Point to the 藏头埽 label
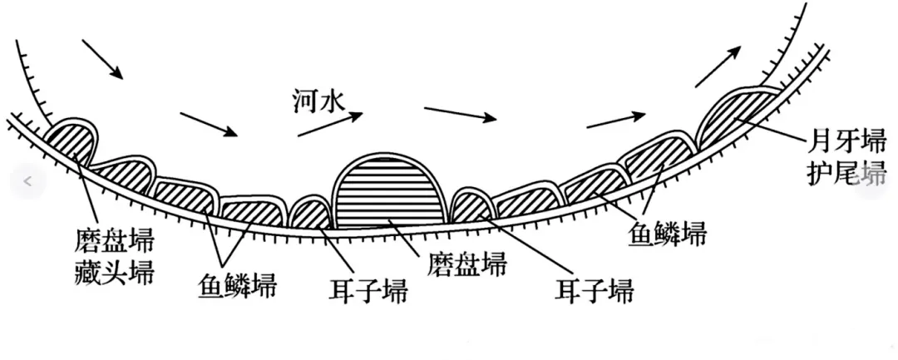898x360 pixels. pyautogui.click(x=114, y=273)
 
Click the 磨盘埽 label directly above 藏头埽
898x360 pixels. pyautogui.click(x=114, y=244)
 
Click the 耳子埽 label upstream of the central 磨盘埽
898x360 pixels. pyautogui.click(x=367, y=292)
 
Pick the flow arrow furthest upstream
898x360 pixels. pyautogui.click(x=102, y=59)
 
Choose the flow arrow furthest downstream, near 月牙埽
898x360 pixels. pyautogui.click(x=716, y=67)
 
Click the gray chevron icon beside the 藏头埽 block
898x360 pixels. pyautogui.click(x=27, y=181)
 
